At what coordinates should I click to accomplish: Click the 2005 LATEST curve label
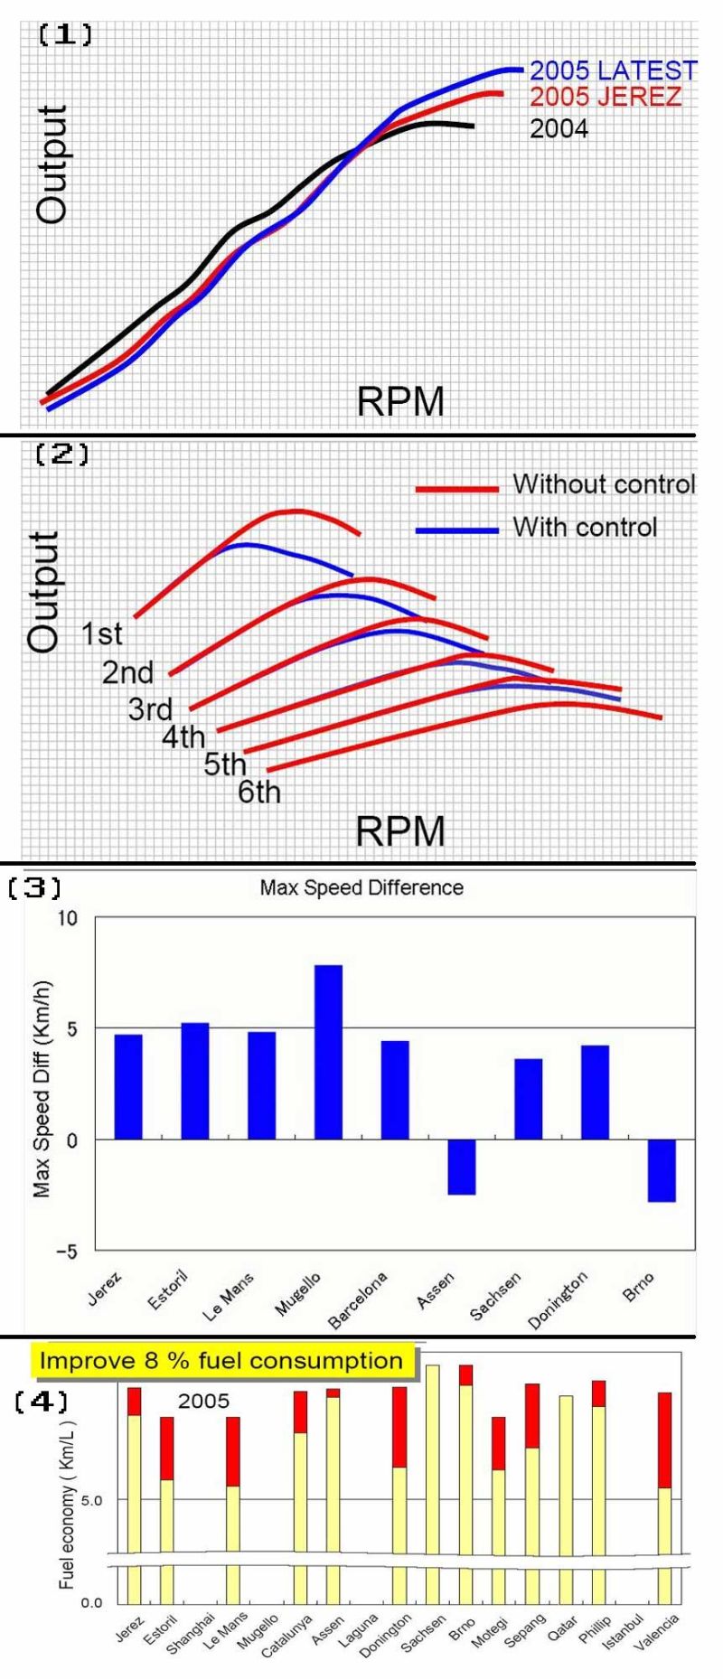click(613, 70)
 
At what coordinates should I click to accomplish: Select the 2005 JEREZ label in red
click(606, 97)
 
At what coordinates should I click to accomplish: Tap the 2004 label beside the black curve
click(559, 129)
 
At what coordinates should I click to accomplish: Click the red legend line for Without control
click(456, 489)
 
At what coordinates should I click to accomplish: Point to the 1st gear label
click(101, 634)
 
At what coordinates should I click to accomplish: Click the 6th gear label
click(259, 793)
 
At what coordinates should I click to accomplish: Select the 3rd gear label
click(150, 709)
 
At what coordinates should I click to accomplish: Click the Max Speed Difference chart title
click(361, 887)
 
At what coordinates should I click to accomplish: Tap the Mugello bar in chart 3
click(328, 1052)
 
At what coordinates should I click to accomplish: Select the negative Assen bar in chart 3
click(461, 1167)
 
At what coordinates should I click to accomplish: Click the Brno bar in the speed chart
click(662, 1170)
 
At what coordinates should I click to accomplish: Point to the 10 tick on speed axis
click(70, 918)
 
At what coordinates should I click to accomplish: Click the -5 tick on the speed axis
click(68, 1252)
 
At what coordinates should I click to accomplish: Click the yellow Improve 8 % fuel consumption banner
click(222, 1361)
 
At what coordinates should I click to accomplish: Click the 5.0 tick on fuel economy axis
click(92, 1500)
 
